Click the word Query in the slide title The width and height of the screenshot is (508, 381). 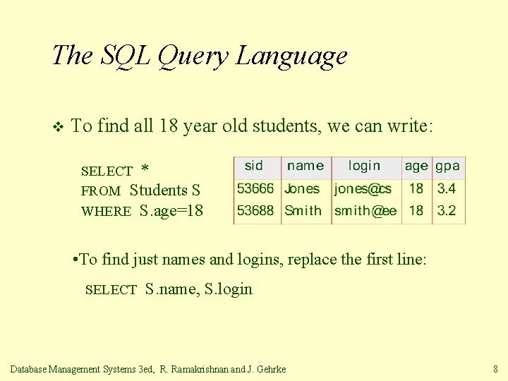click(x=191, y=56)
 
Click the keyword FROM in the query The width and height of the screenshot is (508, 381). click(x=101, y=191)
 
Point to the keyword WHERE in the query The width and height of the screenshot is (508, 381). click(x=106, y=212)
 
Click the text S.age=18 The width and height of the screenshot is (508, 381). click(x=171, y=210)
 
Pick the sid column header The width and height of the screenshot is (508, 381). click(x=254, y=166)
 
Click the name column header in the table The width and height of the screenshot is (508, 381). click(x=306, y=166)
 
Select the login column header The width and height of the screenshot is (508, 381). click(x=364, y=166)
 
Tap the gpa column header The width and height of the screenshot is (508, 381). click(x=447, y=166)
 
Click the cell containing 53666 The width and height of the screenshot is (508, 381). click(x=255, y=189)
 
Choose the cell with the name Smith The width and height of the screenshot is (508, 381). click(x=303, y=210)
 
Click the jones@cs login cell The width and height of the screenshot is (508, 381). click(x=363, y=189)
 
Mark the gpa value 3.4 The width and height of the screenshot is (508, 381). click(x=447, y=189)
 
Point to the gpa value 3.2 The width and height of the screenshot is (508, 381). click(x=447, y=210)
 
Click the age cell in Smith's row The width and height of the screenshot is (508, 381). click(x=416, y=210)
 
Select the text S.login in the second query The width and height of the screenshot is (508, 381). click(x=228, y=289)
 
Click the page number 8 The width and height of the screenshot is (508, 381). click(x=495, y=368)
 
